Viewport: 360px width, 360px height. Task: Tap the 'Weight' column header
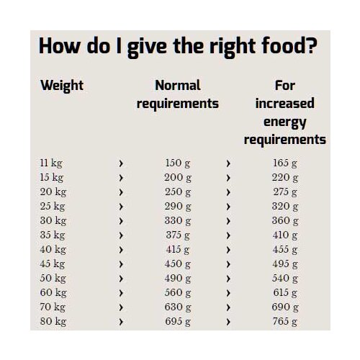coord(62,86)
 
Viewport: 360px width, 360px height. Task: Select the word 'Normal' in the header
coord(178,85)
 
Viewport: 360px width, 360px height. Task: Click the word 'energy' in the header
coord(285,122)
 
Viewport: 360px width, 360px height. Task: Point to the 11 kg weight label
coord(51,163)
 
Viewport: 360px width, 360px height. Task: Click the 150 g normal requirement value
coord(178,163)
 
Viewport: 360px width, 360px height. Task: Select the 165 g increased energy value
coord(285,163)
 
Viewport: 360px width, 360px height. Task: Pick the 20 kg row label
coord(53,192)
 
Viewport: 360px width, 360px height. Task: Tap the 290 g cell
coord(178,206)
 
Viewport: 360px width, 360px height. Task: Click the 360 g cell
coord(285,220)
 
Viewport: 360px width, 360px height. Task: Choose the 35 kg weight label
coord(53,235)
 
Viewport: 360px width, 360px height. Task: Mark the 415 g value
coord(178,249)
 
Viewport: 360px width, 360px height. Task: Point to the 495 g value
coord(285,264)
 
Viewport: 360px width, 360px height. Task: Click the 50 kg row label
coord(53,278)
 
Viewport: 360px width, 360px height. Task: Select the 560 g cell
coord(178,292)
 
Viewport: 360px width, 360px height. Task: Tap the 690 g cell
coord(285,307)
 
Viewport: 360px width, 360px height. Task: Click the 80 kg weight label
coord(53,321)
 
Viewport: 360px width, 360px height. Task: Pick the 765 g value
coord(285,321)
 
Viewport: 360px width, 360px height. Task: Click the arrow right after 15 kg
coord(121,178)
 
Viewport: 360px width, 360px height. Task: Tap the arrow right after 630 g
coord(228,307)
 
